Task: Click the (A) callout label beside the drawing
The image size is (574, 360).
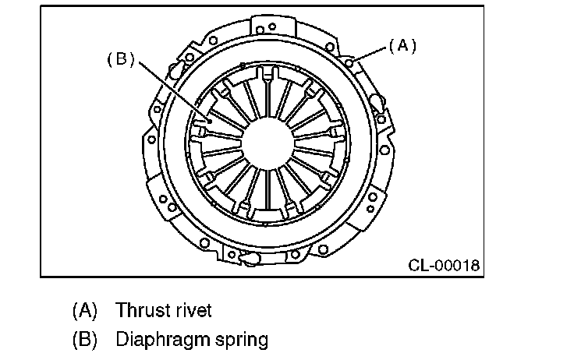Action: coord(402,47)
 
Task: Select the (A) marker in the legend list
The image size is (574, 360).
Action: coord(84,310)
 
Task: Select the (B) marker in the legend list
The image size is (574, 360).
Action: coord(84,340)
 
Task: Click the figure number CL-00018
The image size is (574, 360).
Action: coord(443,265)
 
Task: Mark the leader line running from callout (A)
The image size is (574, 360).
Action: coord(372,54)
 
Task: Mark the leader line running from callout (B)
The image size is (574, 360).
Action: coord(172,90)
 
